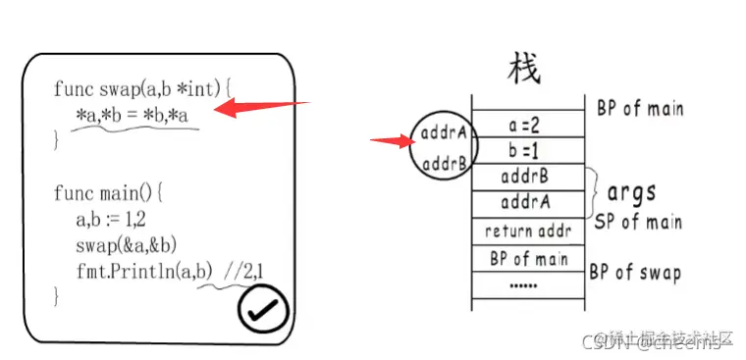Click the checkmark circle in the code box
(263, 311)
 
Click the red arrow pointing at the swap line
(260, 106)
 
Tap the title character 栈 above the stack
(523, 69)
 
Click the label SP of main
(639, 222)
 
